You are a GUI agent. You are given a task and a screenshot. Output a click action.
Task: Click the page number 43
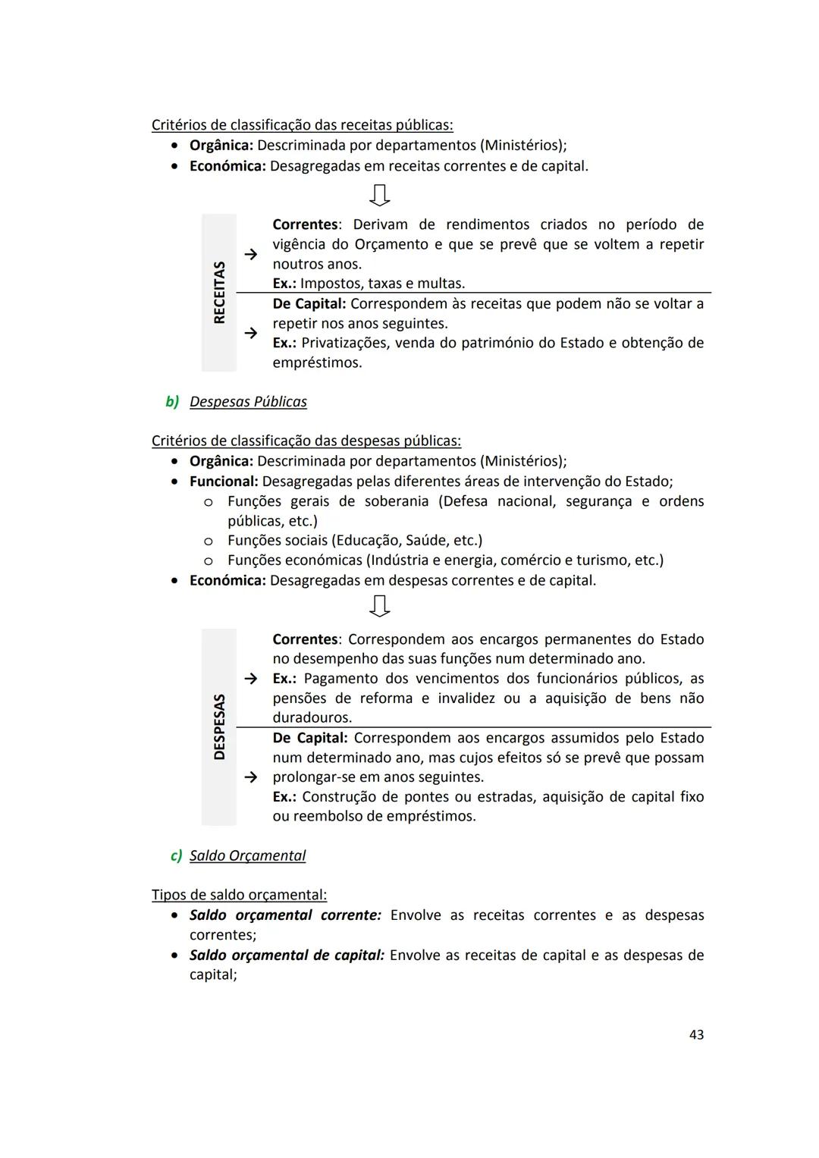click(696, 1034)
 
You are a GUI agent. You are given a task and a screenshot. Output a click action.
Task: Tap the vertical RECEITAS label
click(219, 293)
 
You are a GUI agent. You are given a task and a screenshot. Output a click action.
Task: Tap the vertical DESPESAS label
click(219, 726)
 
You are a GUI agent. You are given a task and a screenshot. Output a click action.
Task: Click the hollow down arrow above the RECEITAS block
click(379, 195)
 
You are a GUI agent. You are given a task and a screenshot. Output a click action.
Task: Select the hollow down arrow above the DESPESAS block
click(379, 606)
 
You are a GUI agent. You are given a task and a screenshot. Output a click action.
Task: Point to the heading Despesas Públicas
click(248, 401)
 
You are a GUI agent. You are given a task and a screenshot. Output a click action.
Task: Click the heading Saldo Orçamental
click(247, 855)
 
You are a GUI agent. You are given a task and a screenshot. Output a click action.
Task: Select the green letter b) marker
click(172, 401)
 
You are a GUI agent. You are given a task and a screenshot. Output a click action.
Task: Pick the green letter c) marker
click(176, 855)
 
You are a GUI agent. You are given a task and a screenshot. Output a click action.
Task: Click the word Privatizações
click(342, 343)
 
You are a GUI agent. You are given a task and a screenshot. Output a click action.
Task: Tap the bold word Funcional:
click(224, 482)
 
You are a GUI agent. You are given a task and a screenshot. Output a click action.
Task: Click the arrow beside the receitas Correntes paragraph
click(250, 256)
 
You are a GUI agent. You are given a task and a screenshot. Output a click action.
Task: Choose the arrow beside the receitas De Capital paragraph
click(250, 332)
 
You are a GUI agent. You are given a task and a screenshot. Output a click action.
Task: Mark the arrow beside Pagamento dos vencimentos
click(250, 678)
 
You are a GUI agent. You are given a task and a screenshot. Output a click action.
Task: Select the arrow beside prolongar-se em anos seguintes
click(250, 777)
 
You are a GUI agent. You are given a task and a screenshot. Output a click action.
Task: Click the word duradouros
click(312, 717)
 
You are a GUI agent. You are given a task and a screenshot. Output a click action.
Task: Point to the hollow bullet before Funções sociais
click(208, 541)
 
